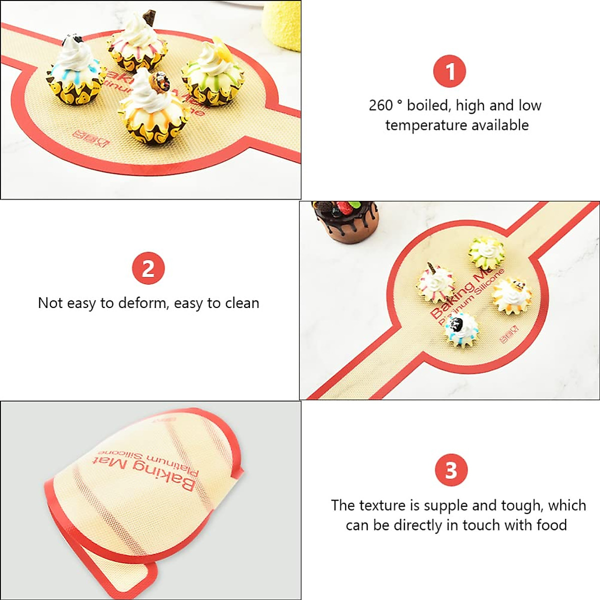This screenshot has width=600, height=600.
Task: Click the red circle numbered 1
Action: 449,71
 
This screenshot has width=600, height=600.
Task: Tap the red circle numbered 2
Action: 148,268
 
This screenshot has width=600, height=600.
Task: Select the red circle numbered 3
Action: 451,470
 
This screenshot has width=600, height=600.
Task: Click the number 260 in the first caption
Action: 381,105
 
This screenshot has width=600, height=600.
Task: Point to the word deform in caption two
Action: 145,303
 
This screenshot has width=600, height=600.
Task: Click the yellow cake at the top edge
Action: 281,25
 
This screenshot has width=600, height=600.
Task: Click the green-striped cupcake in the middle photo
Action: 486,253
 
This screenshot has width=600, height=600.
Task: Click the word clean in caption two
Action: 241,303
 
